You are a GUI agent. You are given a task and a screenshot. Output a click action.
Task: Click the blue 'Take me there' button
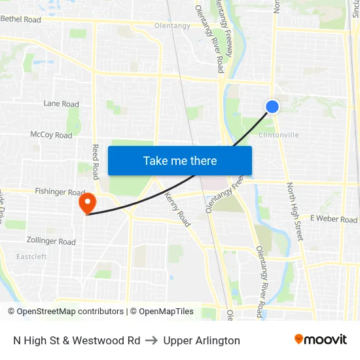pyautogui.click(x=180, y=161)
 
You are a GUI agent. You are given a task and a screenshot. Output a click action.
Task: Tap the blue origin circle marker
pyautogui.click(x=272, y=107)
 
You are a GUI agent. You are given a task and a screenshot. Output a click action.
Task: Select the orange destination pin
pyautogui.click(x=87, y=203)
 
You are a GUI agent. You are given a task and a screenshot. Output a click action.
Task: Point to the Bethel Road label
pyautogui.click(x=20, y=20)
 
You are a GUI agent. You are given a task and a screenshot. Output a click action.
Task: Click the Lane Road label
pyautogui.click(x=61, y=103)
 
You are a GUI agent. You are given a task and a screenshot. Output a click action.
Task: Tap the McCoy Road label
pyautogui.click(x=51, y=135)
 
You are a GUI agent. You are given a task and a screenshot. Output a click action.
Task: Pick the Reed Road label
pyautogui.click(x=96, y=162)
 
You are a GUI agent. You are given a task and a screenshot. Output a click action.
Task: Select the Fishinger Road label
pyautogui.click(x=60, y=192)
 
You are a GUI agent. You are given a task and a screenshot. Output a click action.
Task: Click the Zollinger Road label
pyautogui.click(x=52, y=242)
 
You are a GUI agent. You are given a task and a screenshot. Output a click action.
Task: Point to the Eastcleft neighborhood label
pyautogui.click(x=31, y=257)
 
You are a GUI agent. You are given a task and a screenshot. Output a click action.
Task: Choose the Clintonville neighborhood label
pyautogui.click(x=279, y=135)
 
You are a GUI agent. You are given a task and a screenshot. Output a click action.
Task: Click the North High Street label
pyautogui.click(x=295, y=211)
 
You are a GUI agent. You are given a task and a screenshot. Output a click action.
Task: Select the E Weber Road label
pyautogui.click(x=334, y=219)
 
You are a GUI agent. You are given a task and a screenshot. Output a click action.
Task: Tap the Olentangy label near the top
pyautogui.click(x=172, y=26)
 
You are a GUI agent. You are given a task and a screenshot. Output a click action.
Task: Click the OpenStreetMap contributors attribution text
pyautogui.click(x=70, y=312)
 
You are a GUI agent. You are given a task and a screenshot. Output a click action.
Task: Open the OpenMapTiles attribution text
pyautogui.click(x=162, y=312)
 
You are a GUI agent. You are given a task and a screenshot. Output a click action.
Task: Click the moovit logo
pyautogui.click(x=321, y=340)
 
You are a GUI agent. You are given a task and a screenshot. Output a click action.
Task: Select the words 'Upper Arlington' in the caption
pyautogui.click(x=202, y=340)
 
